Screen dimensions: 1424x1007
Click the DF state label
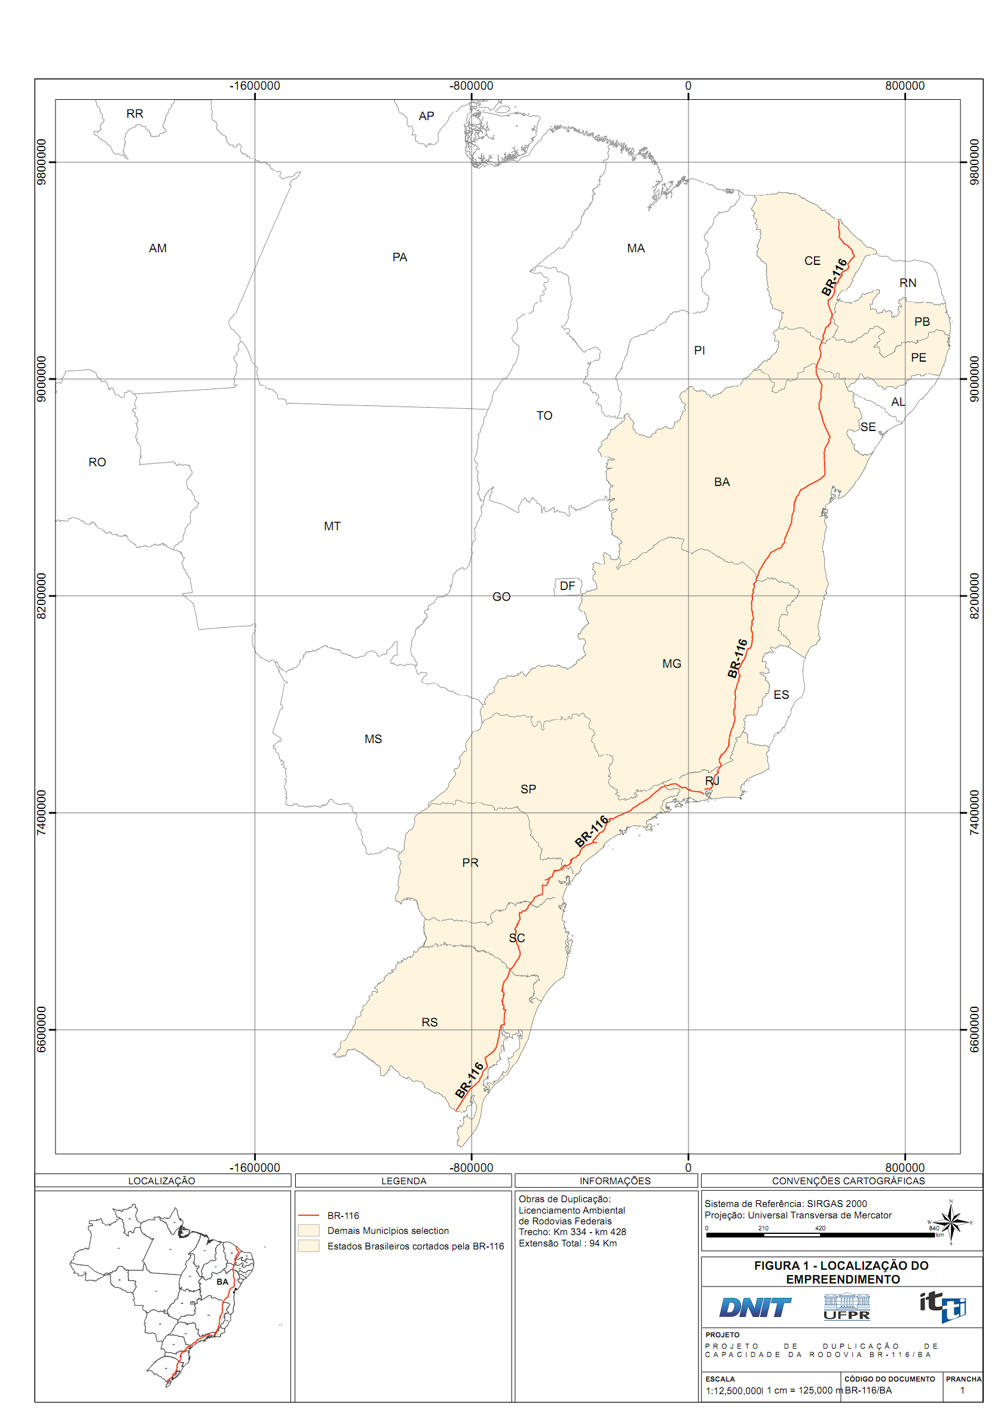[x=567, y=585]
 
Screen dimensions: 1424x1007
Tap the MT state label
[x=332, y=526]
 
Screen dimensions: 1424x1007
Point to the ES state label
[x=780, y=695]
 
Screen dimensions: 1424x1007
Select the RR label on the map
[x=134, y=114]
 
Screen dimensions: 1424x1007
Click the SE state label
[x=868, y=427]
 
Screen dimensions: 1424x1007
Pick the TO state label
[x=544, y=415]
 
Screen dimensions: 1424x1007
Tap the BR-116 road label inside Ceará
[x=834, y=277]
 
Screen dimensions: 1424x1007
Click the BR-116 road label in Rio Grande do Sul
[x=469, y=1080]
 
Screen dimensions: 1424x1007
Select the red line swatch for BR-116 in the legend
[x=308, y=1215]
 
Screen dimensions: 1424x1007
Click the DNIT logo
[x=755, y=1308]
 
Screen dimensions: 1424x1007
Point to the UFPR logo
[x=846, y=1307]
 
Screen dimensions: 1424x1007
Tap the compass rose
[x=951, y=1223]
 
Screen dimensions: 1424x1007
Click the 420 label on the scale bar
[x=820, y=1228]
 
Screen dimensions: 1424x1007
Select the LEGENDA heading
[x=403, y=1181]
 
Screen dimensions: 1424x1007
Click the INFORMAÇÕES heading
[x=614, y=1181]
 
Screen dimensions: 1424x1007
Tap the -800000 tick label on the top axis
[x=472, y=85]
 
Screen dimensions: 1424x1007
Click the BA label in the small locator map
[x=222, y=1281]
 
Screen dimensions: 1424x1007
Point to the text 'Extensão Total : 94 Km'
[x=567, y=1243]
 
